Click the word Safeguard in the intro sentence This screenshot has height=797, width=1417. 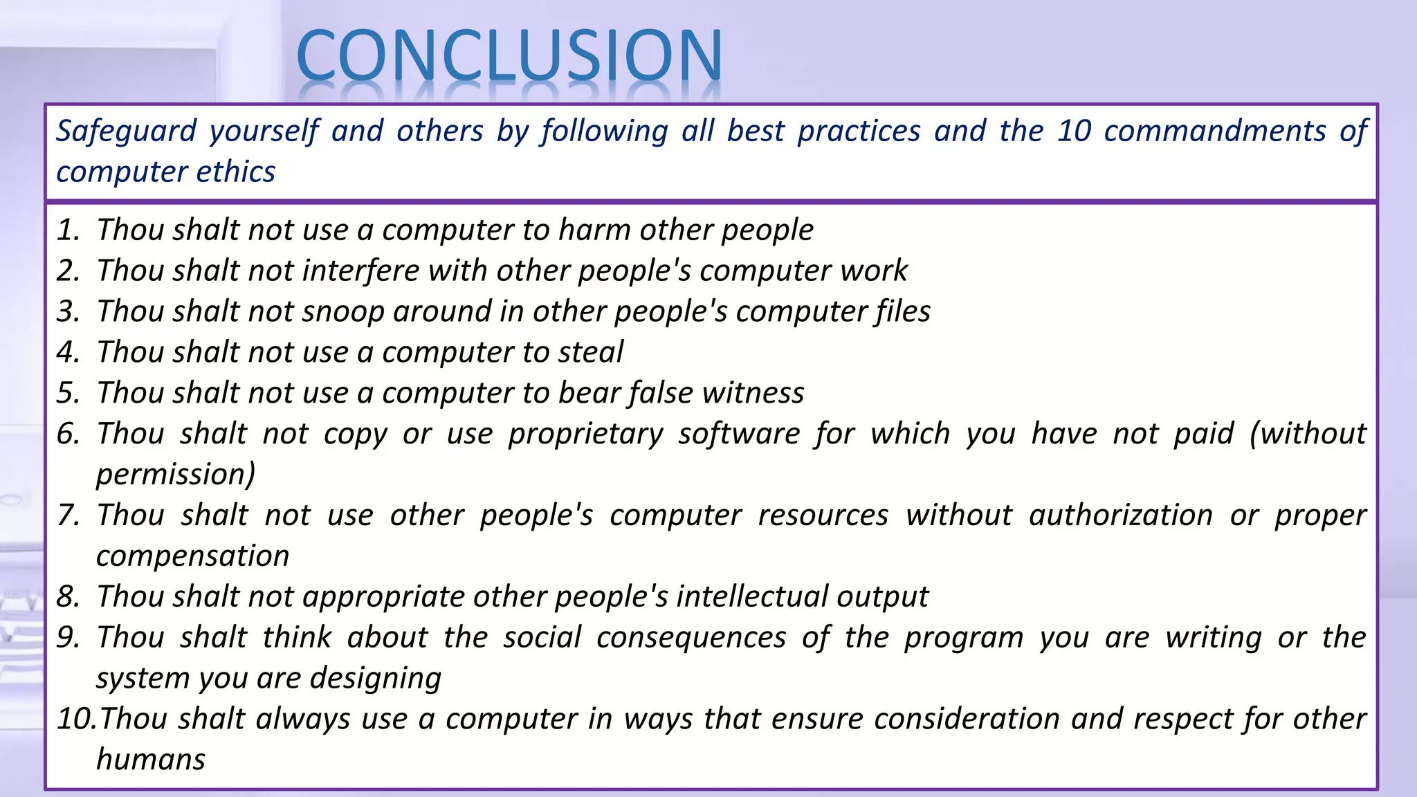126,131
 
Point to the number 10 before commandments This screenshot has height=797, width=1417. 1073,131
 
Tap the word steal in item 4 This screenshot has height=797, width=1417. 590,352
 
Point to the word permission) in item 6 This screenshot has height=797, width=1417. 176,475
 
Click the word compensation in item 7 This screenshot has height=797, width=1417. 192,556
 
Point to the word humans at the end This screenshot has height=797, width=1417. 151,760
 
